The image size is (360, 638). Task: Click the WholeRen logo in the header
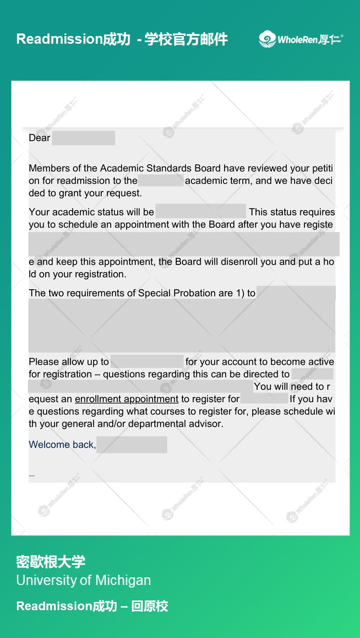tap(301, 39)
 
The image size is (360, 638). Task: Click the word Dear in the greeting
tap(40, 138)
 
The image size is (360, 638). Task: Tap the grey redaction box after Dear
tap(83, 138)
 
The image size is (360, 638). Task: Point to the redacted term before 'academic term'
tap(160, 181)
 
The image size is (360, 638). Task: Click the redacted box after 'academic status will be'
tap(201, 211)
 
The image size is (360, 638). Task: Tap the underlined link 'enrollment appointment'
tap(127, 399)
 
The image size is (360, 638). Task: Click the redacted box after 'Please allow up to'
tap(147, 361)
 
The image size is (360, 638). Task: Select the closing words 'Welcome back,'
tap(62, 445)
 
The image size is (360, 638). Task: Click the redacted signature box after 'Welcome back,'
tap(132, 445)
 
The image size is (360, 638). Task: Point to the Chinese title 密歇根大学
tap(50, 561)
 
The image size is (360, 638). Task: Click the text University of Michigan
tap(83, 580)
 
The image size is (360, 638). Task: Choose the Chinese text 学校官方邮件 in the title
tap(186, 39)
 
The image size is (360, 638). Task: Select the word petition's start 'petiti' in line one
tap(322, 168)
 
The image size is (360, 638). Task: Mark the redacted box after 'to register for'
tap(264, 399)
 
